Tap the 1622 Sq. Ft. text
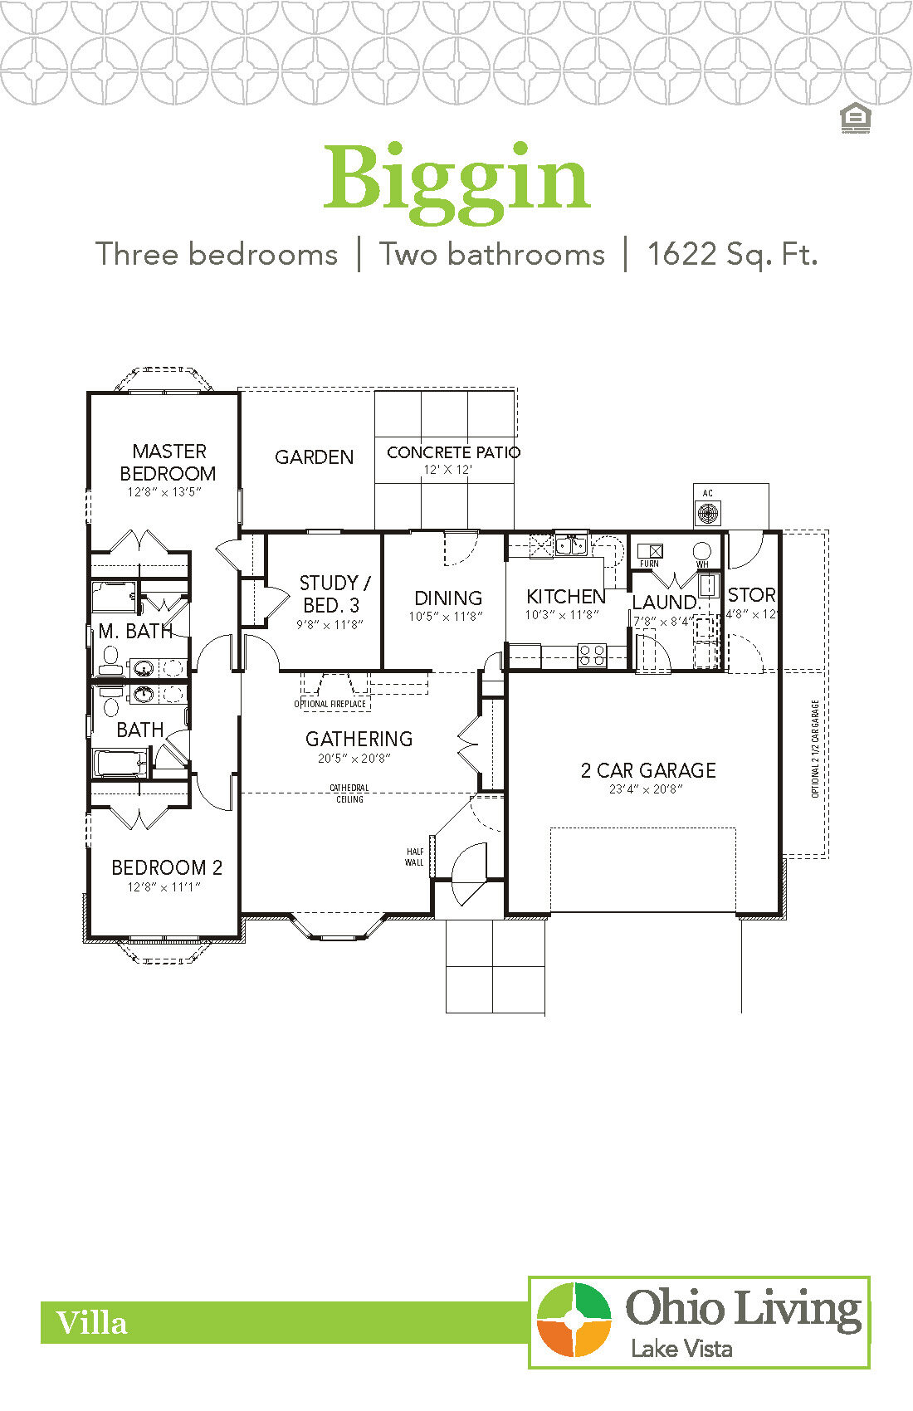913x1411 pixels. point(732,254)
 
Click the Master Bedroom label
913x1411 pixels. point(168,462)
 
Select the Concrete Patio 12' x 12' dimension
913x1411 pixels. point(447,470)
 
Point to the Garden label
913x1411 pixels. point(314,457)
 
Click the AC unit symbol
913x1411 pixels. point(708,512)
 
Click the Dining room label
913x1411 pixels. point(448,598)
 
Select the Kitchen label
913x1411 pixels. point(566,597)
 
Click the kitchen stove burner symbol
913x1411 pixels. point(592,656)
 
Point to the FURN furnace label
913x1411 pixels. point(649,564)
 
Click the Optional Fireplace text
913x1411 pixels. point(330,704)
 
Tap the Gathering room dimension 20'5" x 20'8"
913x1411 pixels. point(354,758)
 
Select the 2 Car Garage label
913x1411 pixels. point(648,770)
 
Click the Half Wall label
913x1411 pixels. point(414,857)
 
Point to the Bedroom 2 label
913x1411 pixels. point(167,868)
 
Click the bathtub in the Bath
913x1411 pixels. point(121,763)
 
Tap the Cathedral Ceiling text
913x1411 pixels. point(349,793)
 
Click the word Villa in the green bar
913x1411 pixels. point(91,1323)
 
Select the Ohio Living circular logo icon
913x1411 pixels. point(574,1320)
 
